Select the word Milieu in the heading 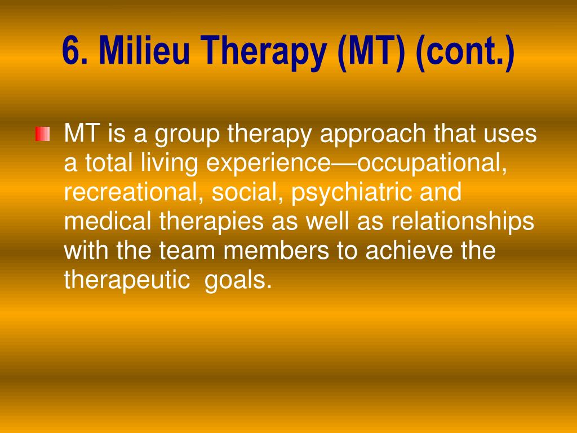[144, 50]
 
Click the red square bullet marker [43, 134]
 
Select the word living [170, 164]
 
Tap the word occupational [432, 164]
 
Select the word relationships [462, 222]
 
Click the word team [187, 251]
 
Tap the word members [276, 250]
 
